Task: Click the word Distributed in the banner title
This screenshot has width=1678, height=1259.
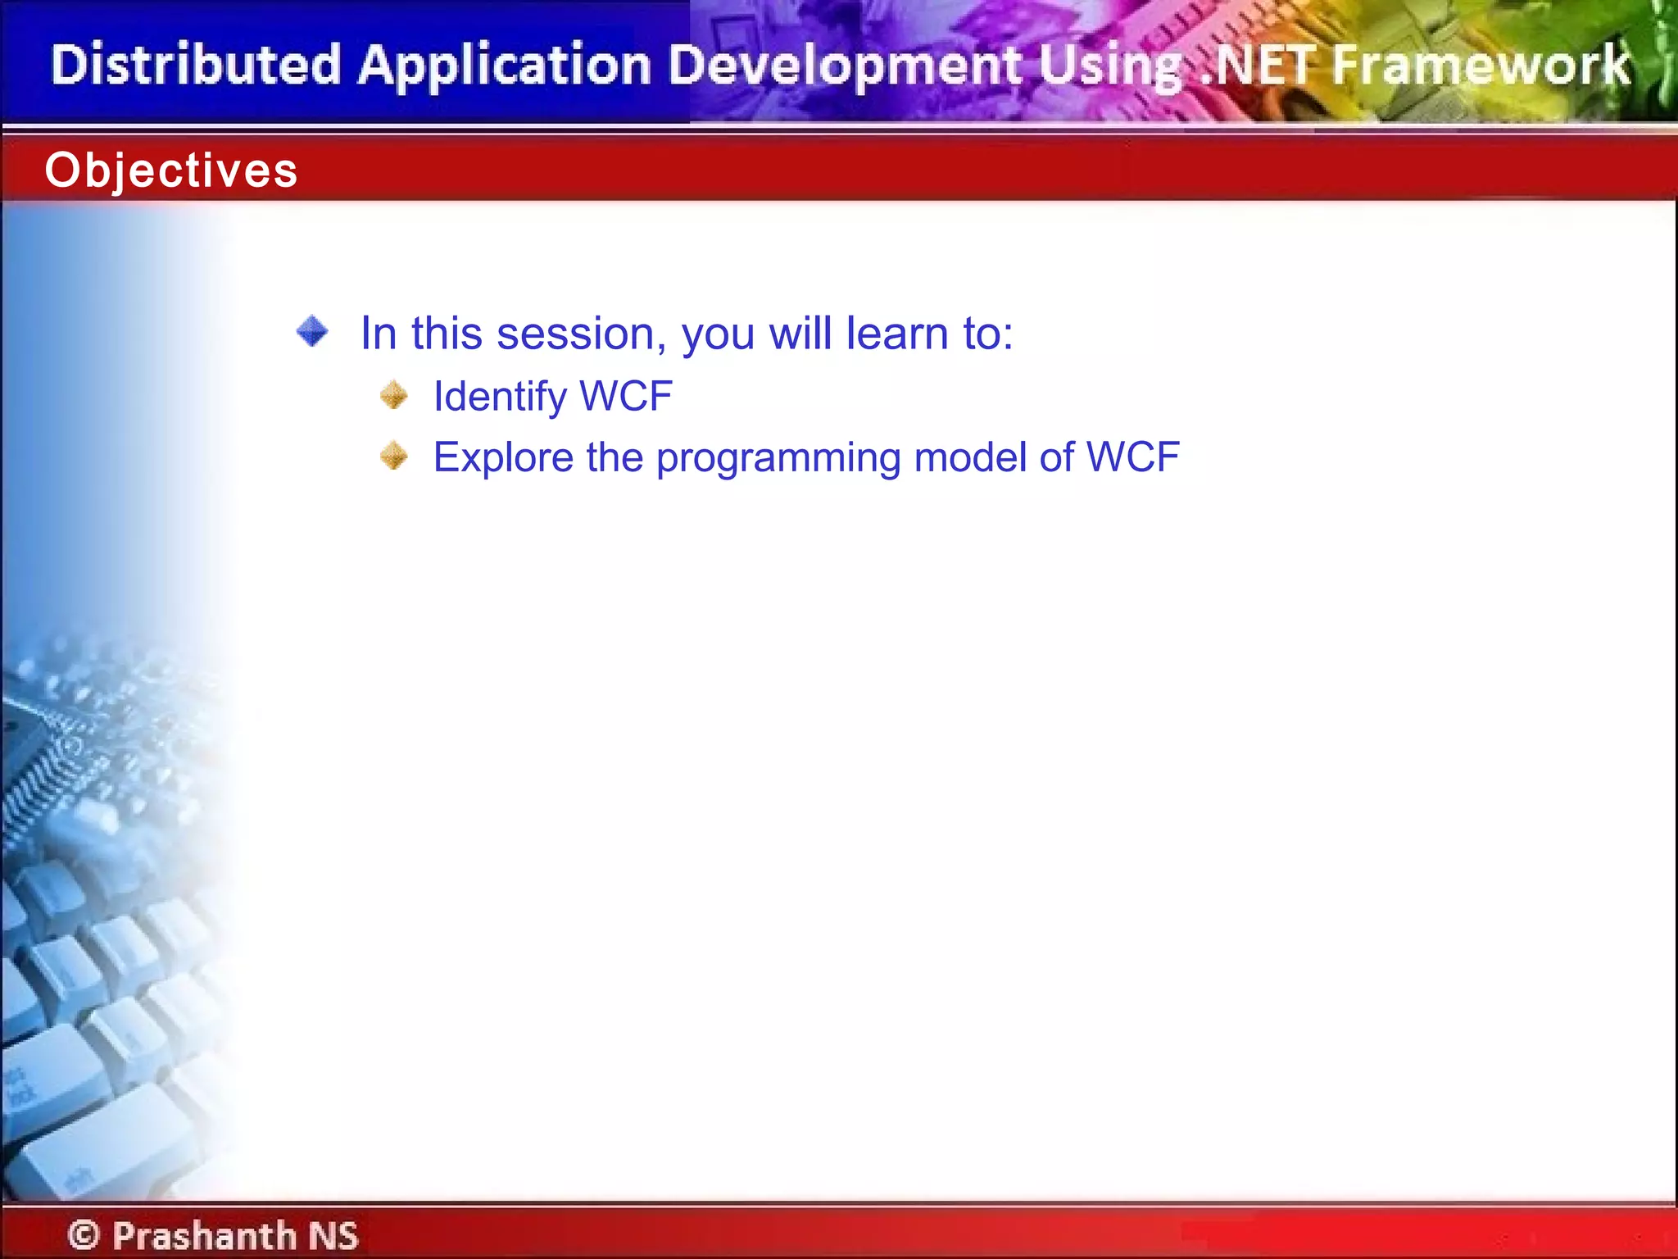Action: coord(195,66)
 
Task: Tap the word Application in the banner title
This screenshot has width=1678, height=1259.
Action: coord(505,66)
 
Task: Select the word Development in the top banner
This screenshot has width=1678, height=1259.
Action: coord(845,66)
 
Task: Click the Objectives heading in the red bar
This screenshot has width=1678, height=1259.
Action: coord(171,170)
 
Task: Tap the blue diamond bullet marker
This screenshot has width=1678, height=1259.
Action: coord(312,332)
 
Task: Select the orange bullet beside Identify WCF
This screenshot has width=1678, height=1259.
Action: coord(394,395)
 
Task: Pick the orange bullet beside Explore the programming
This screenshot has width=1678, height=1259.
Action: coord(394,456)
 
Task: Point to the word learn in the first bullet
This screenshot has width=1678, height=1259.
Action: coord(896,334)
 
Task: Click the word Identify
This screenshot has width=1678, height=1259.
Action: coord(500,397)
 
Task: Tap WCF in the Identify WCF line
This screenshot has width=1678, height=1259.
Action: coord(626,397)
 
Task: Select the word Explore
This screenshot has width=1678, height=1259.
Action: coord(503,457)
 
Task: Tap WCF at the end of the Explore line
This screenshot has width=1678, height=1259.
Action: coord(1132,457)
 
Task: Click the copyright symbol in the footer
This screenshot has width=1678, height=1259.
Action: coord(84,1234)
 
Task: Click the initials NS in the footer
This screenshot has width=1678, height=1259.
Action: coord(333,1235)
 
